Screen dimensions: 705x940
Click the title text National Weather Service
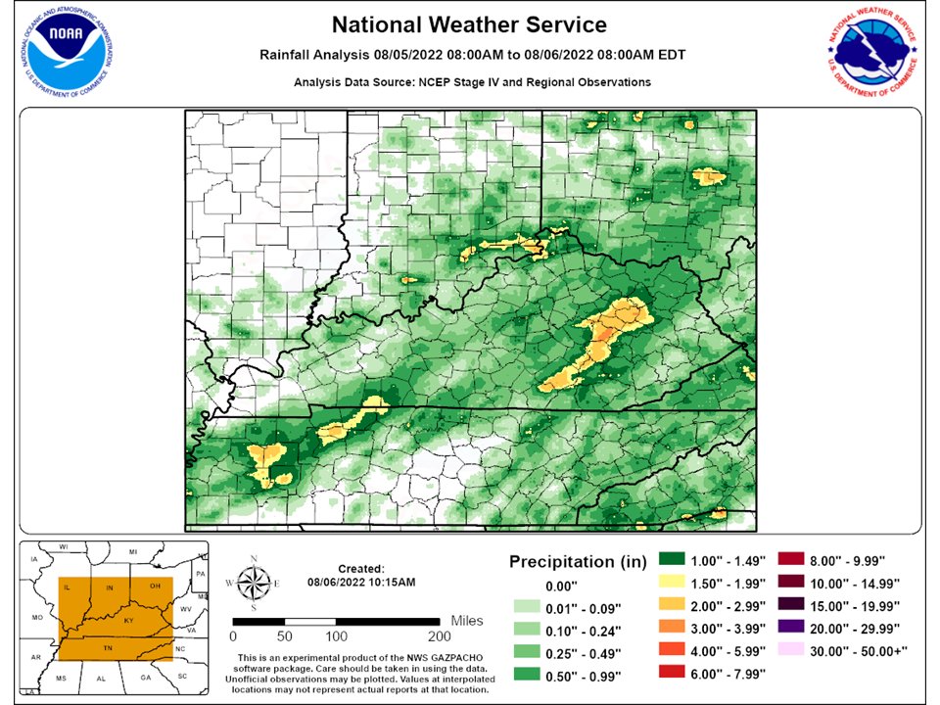pyautogui.click(x=469, y=24)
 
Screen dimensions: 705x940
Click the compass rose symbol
pyautogui.click(x=254, y=583)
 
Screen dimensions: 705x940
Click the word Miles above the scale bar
pyautogui.click(x=467, y=621)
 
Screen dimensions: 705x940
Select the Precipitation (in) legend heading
pyautogui.click(x=578, y=562)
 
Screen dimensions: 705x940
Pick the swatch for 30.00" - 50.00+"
pyautogui.click(x=791, y=645)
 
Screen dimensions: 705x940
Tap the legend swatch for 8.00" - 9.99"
pyautogui.click(x=791, y=560)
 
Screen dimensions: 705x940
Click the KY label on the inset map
pyautogui.click(x=128, y=621)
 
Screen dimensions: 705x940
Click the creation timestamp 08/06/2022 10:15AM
pyautogui.click(x=361, y=582)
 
